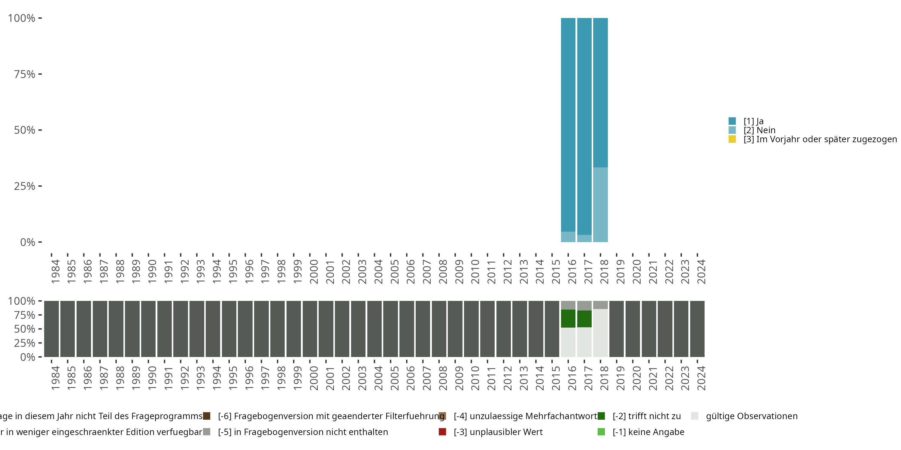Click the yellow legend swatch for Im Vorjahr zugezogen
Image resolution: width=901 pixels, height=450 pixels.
(732, 139)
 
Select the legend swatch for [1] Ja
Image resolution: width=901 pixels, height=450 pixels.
(732, 121)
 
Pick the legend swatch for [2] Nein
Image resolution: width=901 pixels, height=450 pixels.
(732, 130)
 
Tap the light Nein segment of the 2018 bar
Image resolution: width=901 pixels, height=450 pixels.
(600, 204)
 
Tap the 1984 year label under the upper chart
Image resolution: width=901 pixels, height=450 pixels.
(55, 271)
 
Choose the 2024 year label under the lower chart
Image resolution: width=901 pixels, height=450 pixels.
(701, 378)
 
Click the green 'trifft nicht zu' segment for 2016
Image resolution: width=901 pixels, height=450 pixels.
(568, 318)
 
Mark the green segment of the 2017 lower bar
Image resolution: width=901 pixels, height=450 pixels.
(584, 319)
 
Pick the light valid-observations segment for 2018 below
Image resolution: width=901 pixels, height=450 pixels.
(600, 333)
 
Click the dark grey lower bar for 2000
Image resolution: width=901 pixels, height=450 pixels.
(310, 329)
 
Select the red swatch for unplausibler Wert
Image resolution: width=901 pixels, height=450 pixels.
(442, 432)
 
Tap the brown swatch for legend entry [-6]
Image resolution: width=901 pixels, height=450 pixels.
(207, 416)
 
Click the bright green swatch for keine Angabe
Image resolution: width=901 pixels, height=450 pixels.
(601, 432)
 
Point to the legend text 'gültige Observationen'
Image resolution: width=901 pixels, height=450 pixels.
(751, 416)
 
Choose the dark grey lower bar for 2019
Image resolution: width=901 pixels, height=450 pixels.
(616, 329)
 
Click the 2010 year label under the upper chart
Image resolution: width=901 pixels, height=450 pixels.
(475, 271)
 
